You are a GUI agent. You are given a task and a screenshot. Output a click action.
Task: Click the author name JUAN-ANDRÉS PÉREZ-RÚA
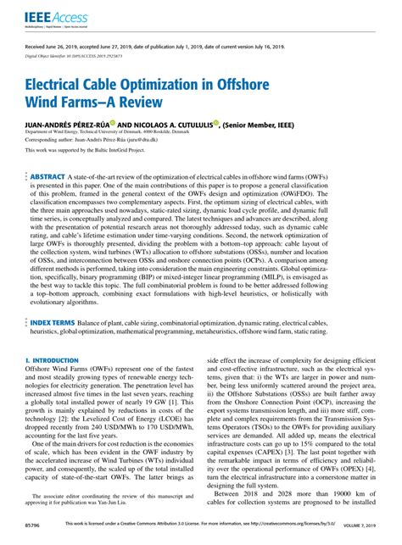tap(77, 123)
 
